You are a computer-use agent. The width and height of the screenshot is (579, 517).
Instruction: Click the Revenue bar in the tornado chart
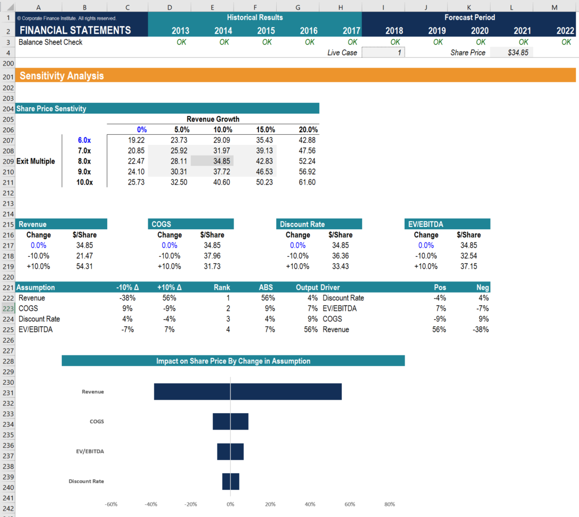pyautogui.click(x=248, y=392)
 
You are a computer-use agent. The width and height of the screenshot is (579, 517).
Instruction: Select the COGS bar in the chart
pyautogui.click(x=230, y=421)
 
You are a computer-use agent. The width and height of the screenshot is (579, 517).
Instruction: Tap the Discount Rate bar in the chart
pyautogui.click(x=231, y=481)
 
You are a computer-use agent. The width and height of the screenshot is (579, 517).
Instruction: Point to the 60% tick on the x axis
pyautogui.click(x=350, y=504)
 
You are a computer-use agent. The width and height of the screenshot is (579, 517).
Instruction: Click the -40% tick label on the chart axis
pyautogui.click(x=151, y=504)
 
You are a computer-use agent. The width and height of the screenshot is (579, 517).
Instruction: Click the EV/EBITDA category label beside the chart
pyautogui.click(x=90, y=451)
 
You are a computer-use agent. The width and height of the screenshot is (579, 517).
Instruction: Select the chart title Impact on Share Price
pyautogui.click(x=233, y=361)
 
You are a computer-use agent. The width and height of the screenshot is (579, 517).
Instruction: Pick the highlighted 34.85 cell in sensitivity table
pyautogui.click(x=212, y=161)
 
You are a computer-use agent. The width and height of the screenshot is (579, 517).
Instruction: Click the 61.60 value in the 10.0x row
pyautogui.click(x=307, y=182)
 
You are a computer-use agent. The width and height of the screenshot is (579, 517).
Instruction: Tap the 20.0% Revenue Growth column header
pyautogui.click(x=308, y=130)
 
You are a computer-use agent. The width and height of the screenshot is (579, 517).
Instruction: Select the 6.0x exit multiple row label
pyautogui.click(x=84, y=140)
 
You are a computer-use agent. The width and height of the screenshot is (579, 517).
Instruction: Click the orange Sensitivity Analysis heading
pyautogui.click(x=62, y=76)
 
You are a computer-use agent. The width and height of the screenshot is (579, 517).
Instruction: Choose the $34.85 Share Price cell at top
pyautogui.click(x=511, y=53)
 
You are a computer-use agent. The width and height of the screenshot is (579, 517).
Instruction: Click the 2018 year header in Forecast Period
pyautogui.click(x=394, y=31)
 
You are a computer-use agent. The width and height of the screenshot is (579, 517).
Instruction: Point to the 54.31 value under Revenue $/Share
pyautogui.click(x=84, y=266)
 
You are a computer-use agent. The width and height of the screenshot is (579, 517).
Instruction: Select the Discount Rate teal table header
pyautogui.click(x=319, y=224)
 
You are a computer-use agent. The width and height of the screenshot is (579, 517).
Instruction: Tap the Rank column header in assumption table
pyautogui.click(x=222, y=287)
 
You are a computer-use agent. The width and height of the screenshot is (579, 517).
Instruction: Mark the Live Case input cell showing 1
pyautogui.click(x=383, y=53)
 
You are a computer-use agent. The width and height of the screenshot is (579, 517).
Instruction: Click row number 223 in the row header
pyautogui.click(x=7, y=309)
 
